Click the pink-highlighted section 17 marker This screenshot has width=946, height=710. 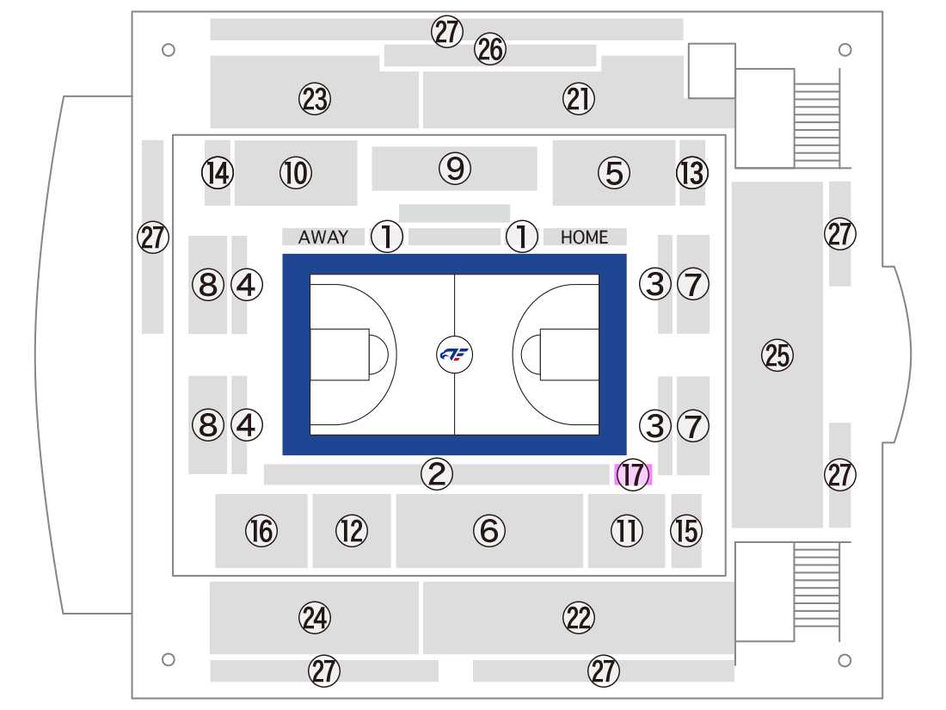pyautogui.click(x=633, y=474)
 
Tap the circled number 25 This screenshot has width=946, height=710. pyautogui.click(x=777, y=355)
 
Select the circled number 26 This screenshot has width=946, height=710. pyautogui.click(x=490, y=49)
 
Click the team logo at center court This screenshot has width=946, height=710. pyautogui.click(x=454, y=355)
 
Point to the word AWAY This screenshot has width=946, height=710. pyautogui.click(x=323, y=237)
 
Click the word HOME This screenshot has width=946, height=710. pyautogui.click(x=584, y=238)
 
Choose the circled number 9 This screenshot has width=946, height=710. pyautogui.click(x=455, y=169)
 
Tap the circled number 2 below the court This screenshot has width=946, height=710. pyautogui.click(x=437, y=474)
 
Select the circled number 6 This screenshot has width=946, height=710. pyautogui.click(x=489, y=531)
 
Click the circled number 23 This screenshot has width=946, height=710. pyautogui.click(x=315, y=99)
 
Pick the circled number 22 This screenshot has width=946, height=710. pyautogui.click(x=579, y=618)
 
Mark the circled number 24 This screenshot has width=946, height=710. pyautogui.click(x=315, y=618)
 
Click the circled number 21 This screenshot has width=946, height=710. pyautogui.click(x=579, y=99)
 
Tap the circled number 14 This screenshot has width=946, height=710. pyautogui.click(x=218, y=173)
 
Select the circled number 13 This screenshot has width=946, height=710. pyautogui.click(x=692, y=173)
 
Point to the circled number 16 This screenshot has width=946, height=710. pyautogui.click(x=261, y=531)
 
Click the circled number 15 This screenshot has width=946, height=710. pyautogui.click(x=686, y=531)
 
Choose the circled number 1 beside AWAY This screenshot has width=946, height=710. pyautogui.click(x=387, y=236)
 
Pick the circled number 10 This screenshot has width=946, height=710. pyautogui.click(x=296, y=173)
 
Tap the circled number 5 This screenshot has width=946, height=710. pyautogui.click(x=614, y=173)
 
